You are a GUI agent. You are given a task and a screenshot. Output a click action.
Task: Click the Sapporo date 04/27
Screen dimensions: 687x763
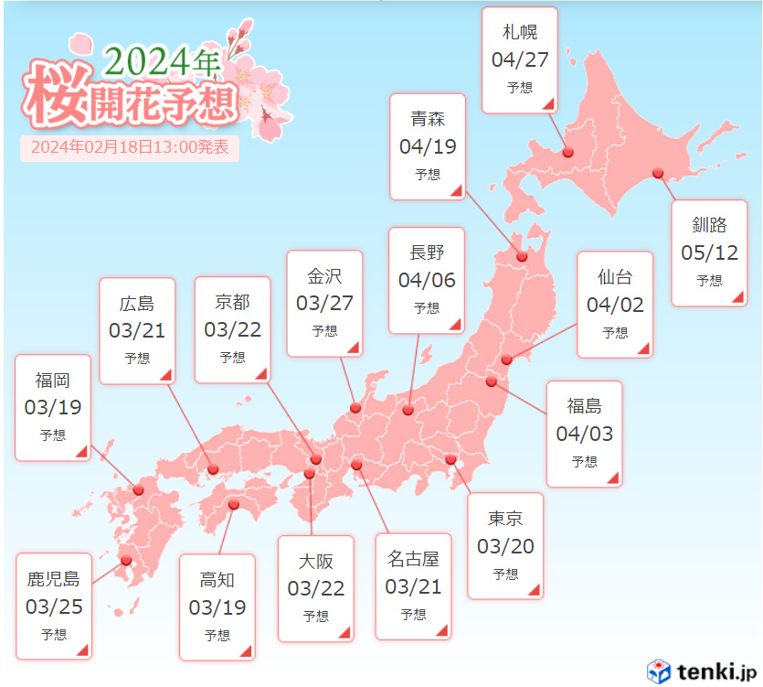(519, 60)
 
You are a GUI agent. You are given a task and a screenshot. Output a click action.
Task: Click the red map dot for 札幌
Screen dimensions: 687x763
(567, 153)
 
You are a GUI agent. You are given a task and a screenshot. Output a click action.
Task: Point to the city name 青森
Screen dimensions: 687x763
(428, 119)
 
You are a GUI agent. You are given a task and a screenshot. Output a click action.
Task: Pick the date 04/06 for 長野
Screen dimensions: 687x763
(427, 280)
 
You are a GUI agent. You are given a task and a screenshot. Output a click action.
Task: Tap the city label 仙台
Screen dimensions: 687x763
(615, 277)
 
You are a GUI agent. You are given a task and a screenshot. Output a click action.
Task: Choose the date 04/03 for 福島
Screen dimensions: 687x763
(585, 434)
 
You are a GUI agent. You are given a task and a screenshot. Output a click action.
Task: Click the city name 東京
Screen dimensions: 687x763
(505, 519)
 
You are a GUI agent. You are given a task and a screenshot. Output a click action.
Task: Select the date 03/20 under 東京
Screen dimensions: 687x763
(505, 546)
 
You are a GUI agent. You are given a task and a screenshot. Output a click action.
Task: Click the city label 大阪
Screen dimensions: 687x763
(315, 561)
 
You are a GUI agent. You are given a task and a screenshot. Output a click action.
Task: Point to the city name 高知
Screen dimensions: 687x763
(217, 579)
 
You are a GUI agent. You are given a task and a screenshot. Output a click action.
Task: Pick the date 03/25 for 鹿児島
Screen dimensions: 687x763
(54, 606)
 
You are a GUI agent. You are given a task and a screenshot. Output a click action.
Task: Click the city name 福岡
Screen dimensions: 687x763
(53, 381)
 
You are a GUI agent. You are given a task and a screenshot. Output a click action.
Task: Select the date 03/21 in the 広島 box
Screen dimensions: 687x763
(137, 330)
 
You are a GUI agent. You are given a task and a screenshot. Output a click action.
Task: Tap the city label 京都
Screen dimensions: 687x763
(232, 302)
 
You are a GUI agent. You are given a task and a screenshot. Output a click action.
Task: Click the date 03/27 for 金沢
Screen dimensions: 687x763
(324, 303)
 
